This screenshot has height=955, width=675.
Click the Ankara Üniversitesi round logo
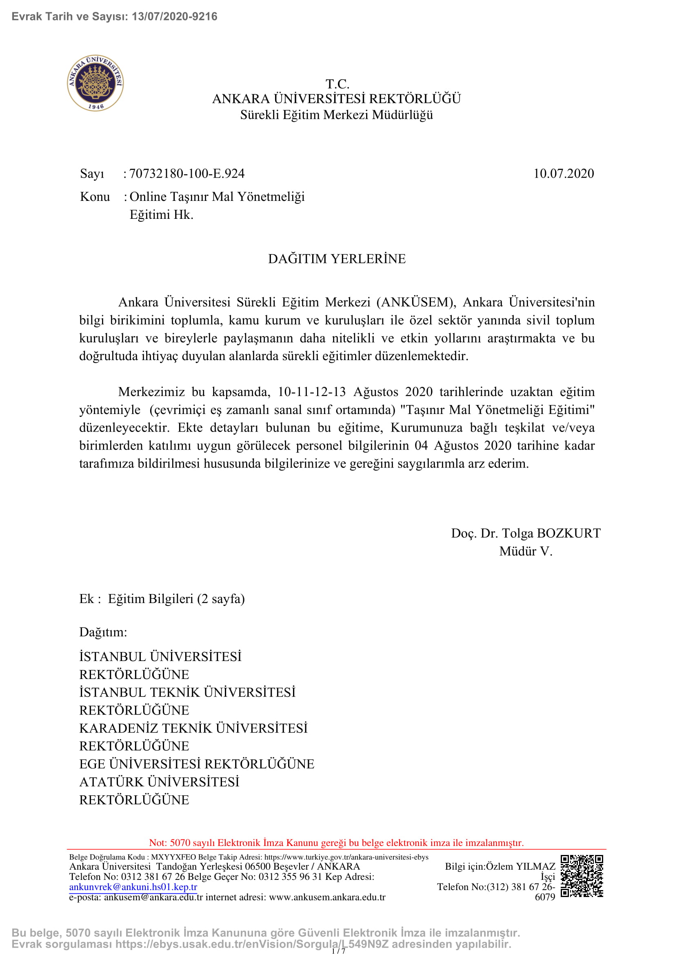pyautogui.click(x=95, y=83)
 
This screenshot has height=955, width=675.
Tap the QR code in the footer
pyautogui.click(x=582, y=876)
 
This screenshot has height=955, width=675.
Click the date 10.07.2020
pyautogui.click(x=563, y=174)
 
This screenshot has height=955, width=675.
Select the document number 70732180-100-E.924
pyautogui.click(x=187, y=174)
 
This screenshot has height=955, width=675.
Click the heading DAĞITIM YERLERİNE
pyautogui.click(x=337, y=259)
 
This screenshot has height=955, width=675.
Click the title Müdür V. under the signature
pyautogui.click(x=525, y=551)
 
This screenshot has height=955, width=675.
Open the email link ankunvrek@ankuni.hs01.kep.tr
pyautogui.click(x=133, y=887)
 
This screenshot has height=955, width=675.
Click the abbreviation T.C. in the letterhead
pyautogui.click(x=337, y=84)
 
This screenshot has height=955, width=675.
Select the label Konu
pyautogui.click(x=95, y=197)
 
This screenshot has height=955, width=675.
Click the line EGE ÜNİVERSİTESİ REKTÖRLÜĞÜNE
pyautogui.click(x=197, y=764)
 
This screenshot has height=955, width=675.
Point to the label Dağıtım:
pyautogui.click(x=103, y=632)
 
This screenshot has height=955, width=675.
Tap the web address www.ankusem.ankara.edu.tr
pyautogui.click(x=327, y=897)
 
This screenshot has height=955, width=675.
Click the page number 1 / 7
pyautogui.click(x=338, y=951)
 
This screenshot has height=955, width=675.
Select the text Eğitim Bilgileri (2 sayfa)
pyautogui.click(x=176, y=599)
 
